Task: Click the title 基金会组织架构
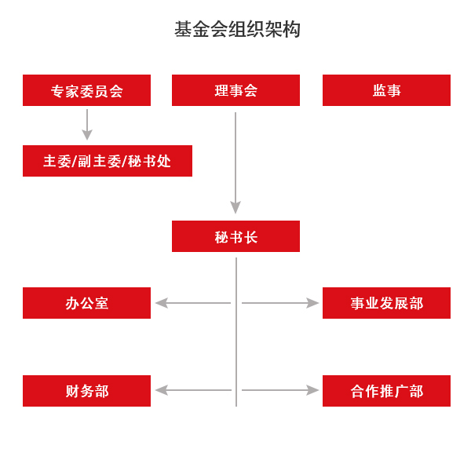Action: pos(237,29)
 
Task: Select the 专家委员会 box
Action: pos(86,90)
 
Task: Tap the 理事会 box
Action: pos(235,90)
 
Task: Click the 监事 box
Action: pos(386,90)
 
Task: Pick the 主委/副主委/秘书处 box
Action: pos(108,161)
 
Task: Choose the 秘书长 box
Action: pos(235,236)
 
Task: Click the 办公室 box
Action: pos(86,303)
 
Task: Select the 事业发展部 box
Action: pos(386,303)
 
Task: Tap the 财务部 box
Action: pos(86,391)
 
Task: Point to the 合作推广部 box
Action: pos(386,391)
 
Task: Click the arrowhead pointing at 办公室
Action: pos(161,303)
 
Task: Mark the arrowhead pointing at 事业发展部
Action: pos(312,303)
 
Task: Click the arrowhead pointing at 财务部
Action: pos(161,390)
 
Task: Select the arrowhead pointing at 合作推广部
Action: pos(312,390)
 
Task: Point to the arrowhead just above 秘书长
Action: pos(235,207)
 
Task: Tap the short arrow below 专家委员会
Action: pos(87,125)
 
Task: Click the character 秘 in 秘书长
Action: pos(221,237)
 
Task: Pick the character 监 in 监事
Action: pos(380,90)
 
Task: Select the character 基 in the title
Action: pos(183,29)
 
